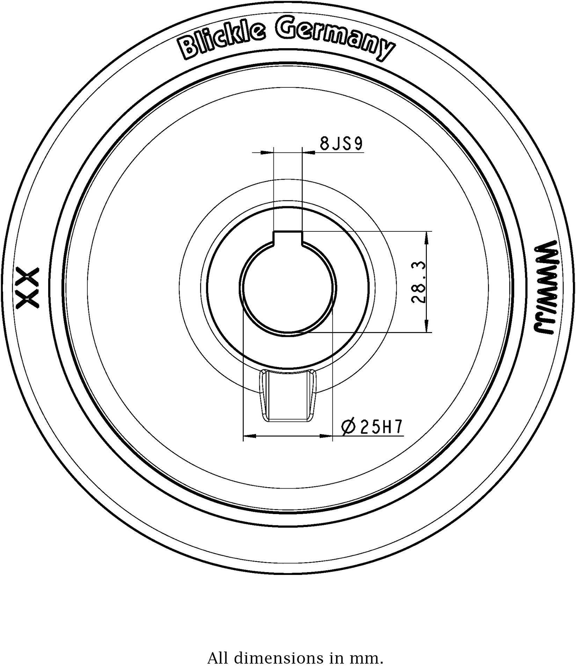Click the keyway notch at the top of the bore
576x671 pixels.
(x=287, y=238)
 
